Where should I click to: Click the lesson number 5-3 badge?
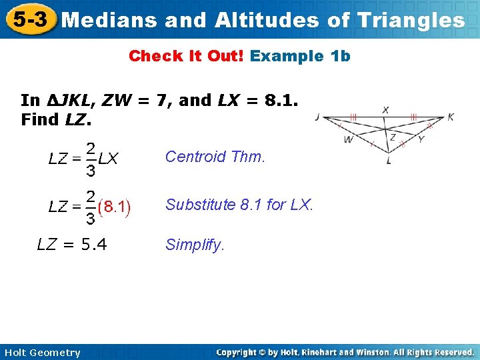[x=28, y=19]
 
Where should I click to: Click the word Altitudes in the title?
[x=267, y=20]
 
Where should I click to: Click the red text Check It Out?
[x=187, y=56]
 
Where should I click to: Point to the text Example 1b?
[x=300, y=56]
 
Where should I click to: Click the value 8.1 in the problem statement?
[x=280, y=101]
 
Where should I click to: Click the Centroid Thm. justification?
[x=215, y=157]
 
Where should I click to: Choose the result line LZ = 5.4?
[x=71, y=245]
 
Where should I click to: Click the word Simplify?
[x=195, y=245]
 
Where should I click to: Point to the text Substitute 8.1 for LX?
[x=239, y=205]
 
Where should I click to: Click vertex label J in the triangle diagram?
[x=317, y=117]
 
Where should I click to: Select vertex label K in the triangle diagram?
[x=451, y=117]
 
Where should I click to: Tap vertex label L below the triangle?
[x=389, y=161]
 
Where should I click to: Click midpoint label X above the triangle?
[x=386, y=110]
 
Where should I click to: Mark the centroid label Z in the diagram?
[x=393, y=135]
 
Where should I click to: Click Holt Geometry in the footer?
[x=41, y=353]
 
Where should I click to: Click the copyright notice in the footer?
[x=345, y=352]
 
